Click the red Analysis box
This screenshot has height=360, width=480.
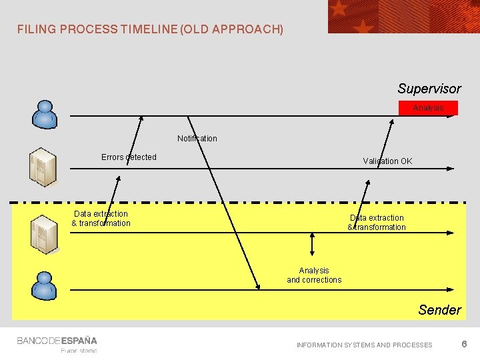point(428,108)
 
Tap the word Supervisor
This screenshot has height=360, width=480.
point(429,89)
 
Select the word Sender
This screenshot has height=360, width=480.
point(439,310)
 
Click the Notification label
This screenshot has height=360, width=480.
point(197,139)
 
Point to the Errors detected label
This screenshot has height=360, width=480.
point(129,157)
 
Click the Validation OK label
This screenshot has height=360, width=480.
point(387,161)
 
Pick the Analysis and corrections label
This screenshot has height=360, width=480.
point(314,275)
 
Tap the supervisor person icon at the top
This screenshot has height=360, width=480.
point(45,114)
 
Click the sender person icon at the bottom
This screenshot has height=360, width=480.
point(45,285)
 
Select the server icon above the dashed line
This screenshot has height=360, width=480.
point(43,167)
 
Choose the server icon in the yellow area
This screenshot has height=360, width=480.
point(45,234)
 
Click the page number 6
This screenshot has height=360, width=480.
point(464,344)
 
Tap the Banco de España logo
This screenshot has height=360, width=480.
point(57,341)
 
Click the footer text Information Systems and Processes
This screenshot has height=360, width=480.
point(364,345)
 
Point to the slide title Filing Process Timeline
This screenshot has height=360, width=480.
point(150,29)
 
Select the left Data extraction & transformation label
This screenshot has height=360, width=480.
point(101,219)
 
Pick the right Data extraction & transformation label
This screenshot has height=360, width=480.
point(377,223)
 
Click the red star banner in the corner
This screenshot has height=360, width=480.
point(403,16)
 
